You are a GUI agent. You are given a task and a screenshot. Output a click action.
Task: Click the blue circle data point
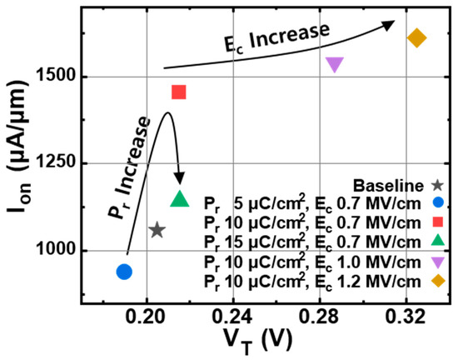click(x=124, y=271)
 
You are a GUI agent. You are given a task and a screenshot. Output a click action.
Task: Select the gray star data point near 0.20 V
click(x=157, y=230)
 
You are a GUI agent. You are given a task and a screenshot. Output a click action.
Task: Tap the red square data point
click(x=178, y=92)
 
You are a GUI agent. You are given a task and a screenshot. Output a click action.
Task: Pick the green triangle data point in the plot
click(x=179, y=199)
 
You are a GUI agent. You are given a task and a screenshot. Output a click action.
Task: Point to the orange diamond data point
click(x=416, y=37)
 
